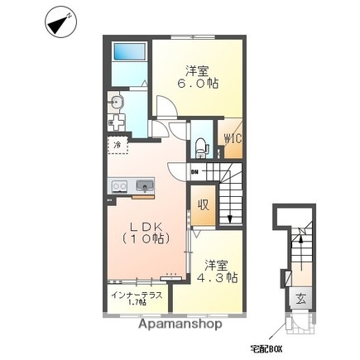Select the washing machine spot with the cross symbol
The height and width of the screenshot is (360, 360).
pyautogui.click(x=118, y=123)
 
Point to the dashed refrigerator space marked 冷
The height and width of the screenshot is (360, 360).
pyautogui.click(x=117, y=146)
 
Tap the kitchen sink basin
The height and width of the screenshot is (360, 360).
pyautogui.click(x=143, y=185)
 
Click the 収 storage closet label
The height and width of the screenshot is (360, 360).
pyautogui.click(x=202, y=204)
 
